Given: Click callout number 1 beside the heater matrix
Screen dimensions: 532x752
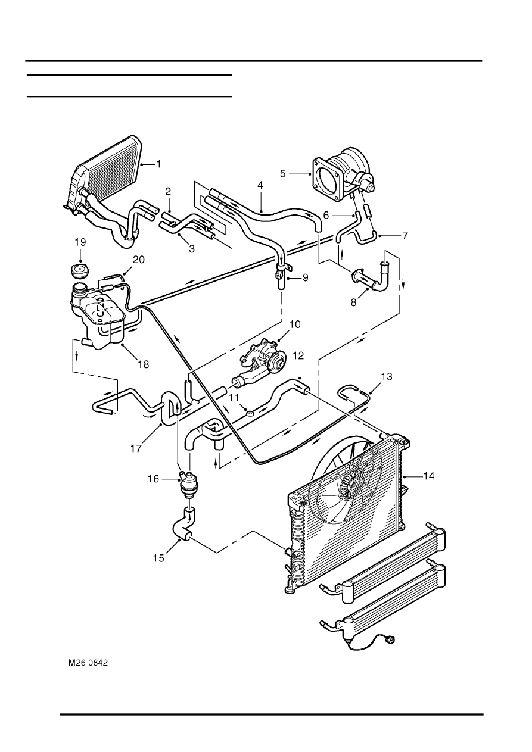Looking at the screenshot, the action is click(x=158, y=164).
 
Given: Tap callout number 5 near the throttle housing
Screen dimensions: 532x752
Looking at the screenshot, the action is click(x=282, y=174).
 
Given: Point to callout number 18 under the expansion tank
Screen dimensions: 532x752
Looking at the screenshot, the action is click(x=144, y=364).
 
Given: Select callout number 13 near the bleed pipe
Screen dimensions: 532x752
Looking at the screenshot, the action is click(x=387, y=377).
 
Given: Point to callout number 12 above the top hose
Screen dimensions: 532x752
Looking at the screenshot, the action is click(x=298, y=355).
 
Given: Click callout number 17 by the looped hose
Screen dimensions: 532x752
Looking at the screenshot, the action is click(x=136, y=448).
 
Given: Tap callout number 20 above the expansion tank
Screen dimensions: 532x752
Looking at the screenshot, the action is click(x=139, y=260).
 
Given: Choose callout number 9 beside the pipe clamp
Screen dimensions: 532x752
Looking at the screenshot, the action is click(x=305, y=277).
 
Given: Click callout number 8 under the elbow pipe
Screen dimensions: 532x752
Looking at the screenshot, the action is click(x=353, y=302).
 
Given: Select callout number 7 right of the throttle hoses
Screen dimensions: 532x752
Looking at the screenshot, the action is click(x=405, y=236).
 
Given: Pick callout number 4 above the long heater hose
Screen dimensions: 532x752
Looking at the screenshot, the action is click(x=260, y=185).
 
